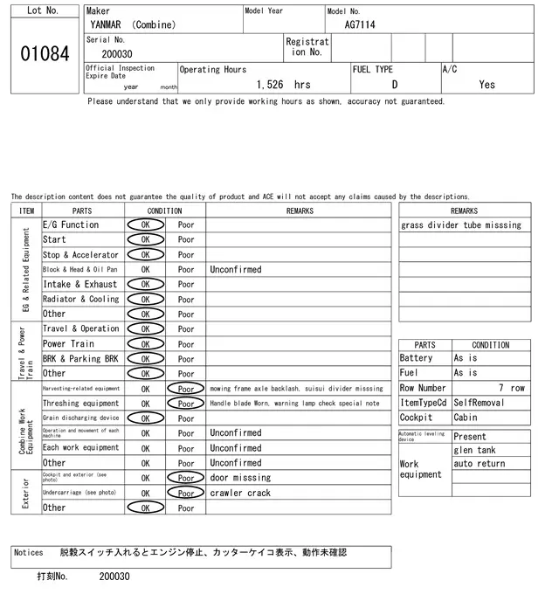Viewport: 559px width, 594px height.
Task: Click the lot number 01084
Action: coord(44,54)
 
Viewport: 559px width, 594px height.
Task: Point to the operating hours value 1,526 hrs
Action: coord(284,85)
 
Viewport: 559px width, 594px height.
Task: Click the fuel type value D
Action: coord(394,85)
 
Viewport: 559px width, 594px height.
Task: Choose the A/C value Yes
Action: coord(487,85)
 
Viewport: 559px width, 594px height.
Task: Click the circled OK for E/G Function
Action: coord(145,224)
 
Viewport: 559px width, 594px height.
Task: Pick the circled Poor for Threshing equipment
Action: coord(186,404)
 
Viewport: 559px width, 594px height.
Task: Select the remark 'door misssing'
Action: coord(240,478)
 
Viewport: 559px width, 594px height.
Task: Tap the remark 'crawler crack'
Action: coord(240,493)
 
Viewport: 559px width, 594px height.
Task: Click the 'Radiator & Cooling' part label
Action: coord(81,299)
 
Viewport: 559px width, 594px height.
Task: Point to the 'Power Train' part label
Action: coord(68,343)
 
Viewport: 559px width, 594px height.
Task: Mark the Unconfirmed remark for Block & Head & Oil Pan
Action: coord(235,270)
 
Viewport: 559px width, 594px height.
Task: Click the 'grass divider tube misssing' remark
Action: coord(461,225)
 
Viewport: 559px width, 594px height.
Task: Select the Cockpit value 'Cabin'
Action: coord(466,418)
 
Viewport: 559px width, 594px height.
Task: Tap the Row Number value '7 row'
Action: coord(511,388)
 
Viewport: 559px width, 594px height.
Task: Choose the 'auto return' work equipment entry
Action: coord(480,464)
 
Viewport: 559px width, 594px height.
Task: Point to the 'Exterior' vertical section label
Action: coord(26,493)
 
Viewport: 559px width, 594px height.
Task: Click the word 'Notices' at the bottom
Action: coord(29,553)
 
